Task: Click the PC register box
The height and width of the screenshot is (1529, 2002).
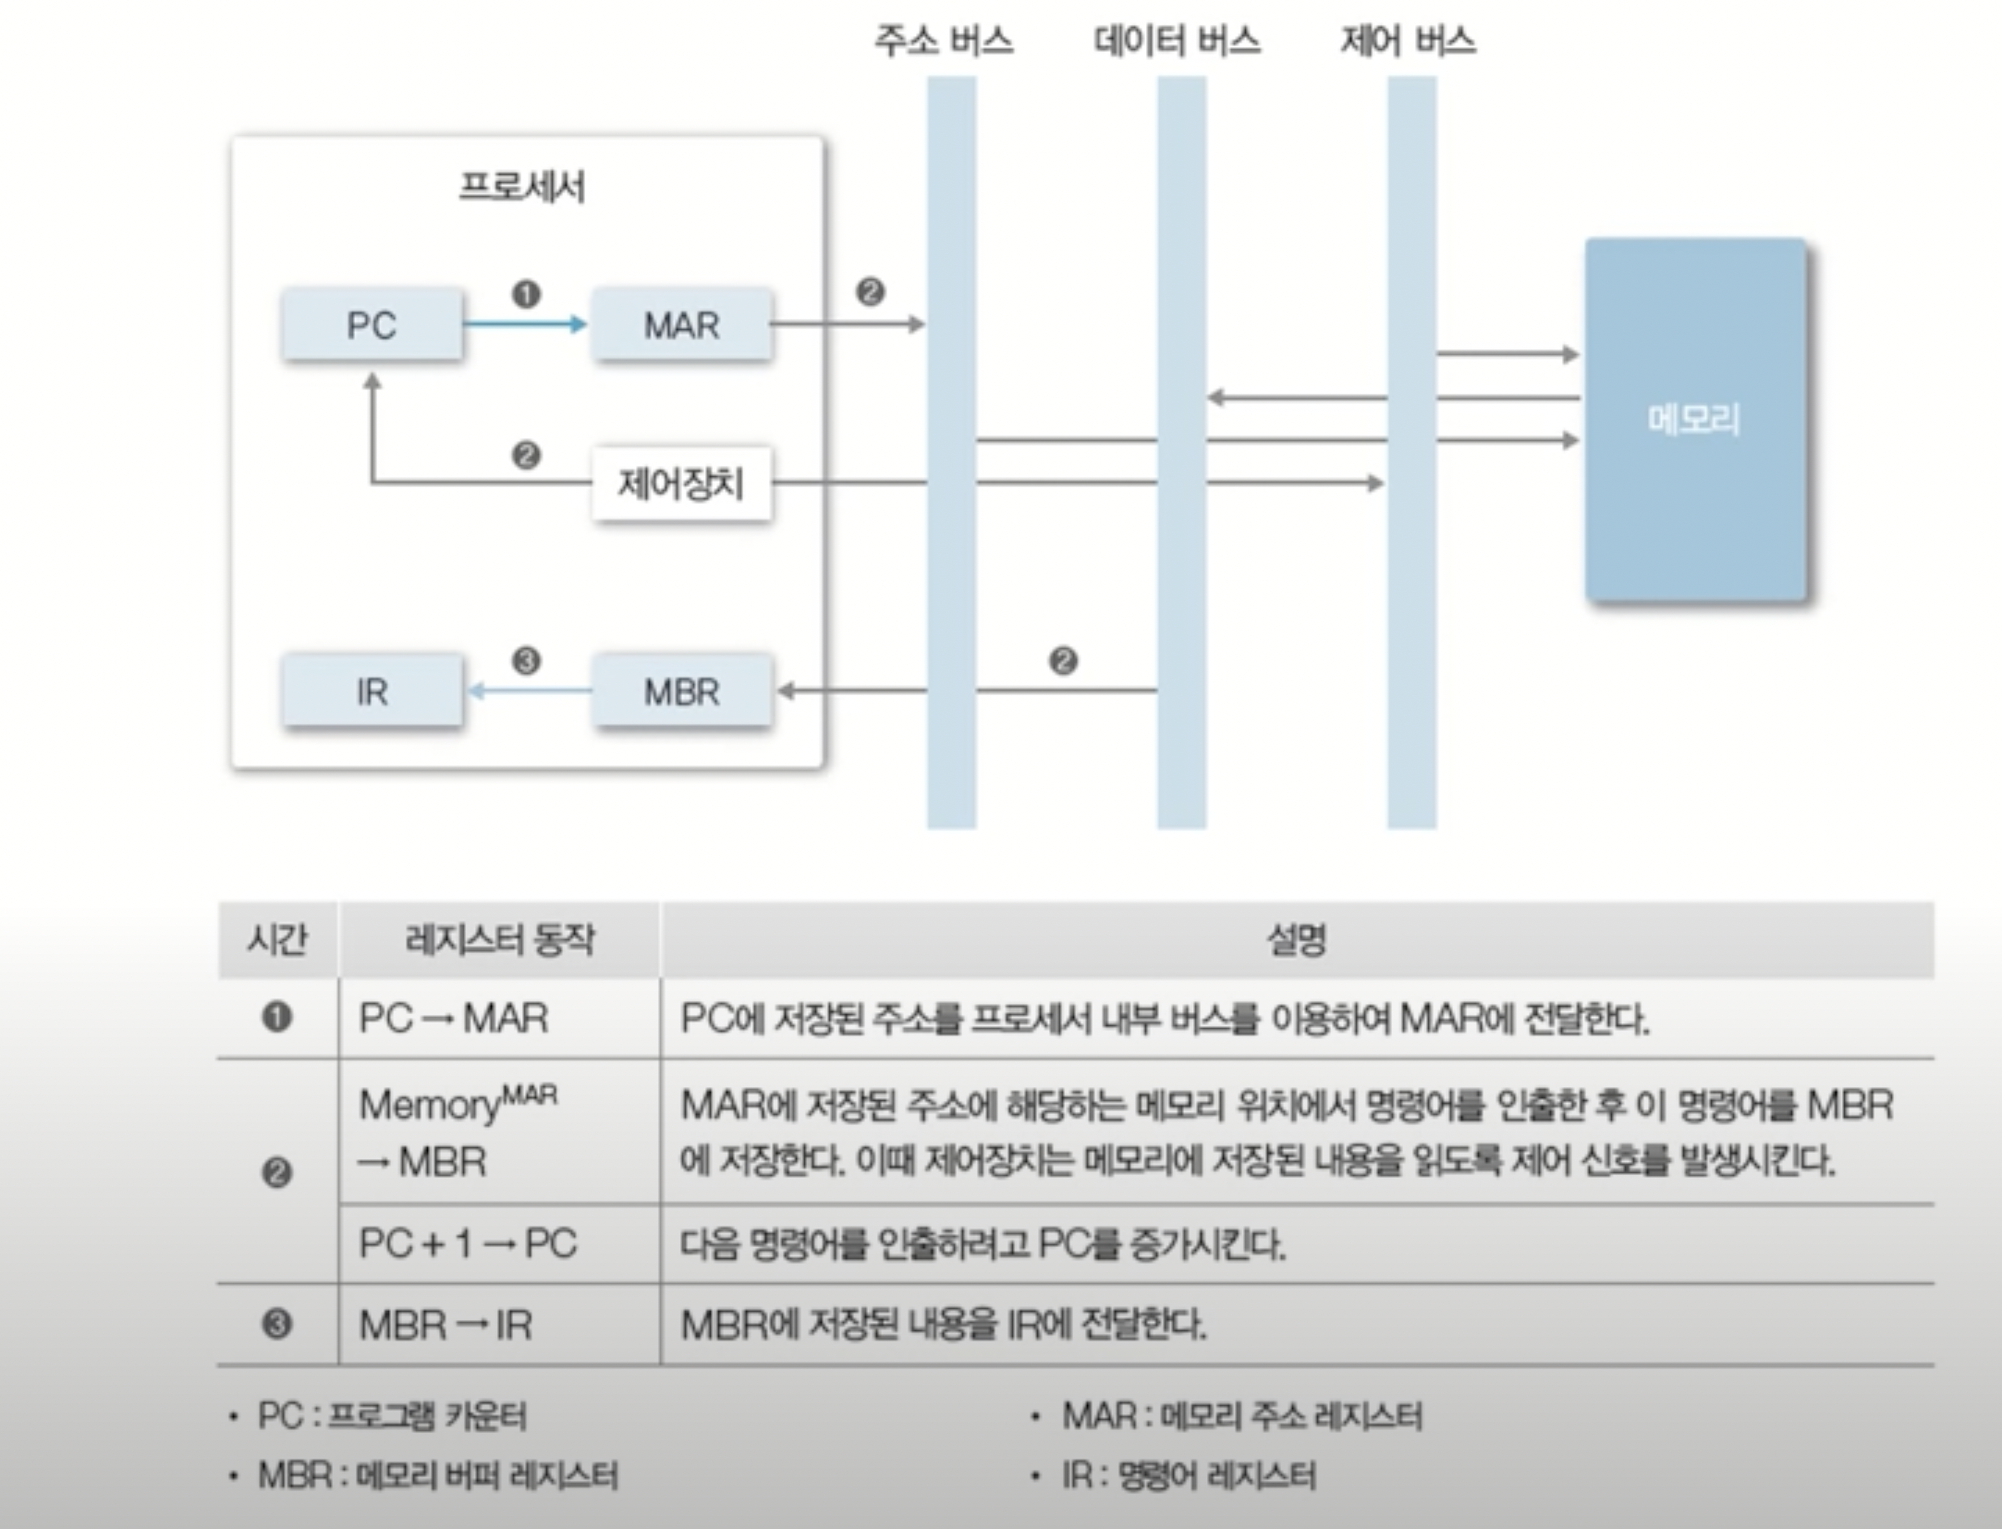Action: pyautogui.click(x=372, y=324)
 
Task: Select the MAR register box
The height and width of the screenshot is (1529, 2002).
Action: pyautogui.click(x=681, y=324)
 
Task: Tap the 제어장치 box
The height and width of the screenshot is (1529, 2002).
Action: pyautogui.click(x=681, y=483)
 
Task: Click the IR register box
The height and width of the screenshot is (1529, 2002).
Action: pyautogui.click(x=372, y=691)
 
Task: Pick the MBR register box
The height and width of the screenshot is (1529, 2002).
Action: pyautogui.click(x=681, y=691)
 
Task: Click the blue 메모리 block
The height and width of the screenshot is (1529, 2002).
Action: pyautogui.click(x=1694, y=420)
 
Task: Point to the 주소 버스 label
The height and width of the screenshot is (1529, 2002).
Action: pyautogui.click(x=944, y=41)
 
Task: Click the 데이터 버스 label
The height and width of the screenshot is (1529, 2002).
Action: pyautogui.click(x=1177, y=41)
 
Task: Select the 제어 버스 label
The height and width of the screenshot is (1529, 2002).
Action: pyautogui.click(x=1408, y=41)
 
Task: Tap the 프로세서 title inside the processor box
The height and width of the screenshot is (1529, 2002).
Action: pyautogui.click(x=522, y=187)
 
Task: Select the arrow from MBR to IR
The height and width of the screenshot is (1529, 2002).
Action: pyautogui.click(x=529, y=691)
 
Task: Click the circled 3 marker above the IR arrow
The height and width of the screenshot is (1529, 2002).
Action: pyautogui.click(x=526, y=661)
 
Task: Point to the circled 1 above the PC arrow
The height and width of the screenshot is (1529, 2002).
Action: pyautogui.click(x=526, y=295)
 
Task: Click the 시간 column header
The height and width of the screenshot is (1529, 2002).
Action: pyautogui.click(x=277, y=940)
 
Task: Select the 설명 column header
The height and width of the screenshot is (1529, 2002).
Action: pyautogui.click(x=1296, y=940)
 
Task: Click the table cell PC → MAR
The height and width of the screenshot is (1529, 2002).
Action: pyautogui.click(x=454, y=1019)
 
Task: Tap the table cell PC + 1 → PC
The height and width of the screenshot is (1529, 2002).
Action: pyautogui.click(x=468, y=1243)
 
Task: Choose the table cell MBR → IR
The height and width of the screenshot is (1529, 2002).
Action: pyautogui.click(x=446, y=1325)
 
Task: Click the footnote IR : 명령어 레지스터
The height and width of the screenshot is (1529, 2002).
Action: pyautogui.click(x=1188, y=1474)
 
